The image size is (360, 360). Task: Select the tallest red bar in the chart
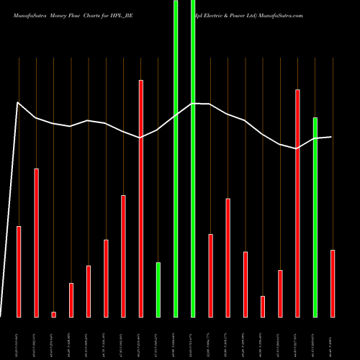tap(141, 198)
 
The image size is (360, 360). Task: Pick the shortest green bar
tap(158, 289)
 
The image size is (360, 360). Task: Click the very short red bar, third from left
tap(54, 314)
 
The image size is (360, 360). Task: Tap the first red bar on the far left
tap(19, 271)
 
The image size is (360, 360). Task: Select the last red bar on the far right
tap(333, 283)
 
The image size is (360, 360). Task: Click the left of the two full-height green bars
tap(176, 158)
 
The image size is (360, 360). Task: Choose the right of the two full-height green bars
tap(193, 158)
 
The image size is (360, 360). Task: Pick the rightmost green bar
tap(315, 216)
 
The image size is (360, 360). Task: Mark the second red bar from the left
tap(36, 243)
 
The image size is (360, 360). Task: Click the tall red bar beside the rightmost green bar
tap(297, 203)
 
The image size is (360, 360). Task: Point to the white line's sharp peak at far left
tap(18, 103)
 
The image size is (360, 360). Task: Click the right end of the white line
tap(331, 137)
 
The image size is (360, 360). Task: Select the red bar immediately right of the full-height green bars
tap(210, 275)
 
